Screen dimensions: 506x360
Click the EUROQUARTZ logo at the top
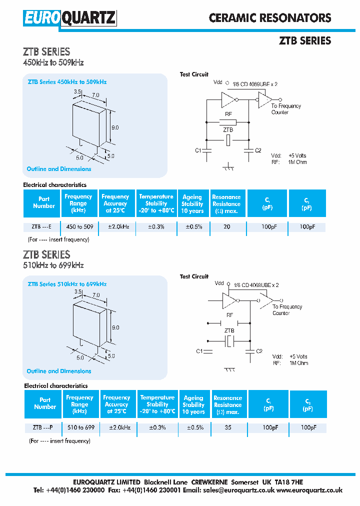pos(69,18)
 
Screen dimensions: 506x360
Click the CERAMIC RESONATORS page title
pos(270,18)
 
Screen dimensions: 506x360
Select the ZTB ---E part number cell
pos(41,226)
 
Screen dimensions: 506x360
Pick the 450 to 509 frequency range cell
pos(80,226)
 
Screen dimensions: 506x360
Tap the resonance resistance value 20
pos(226,226)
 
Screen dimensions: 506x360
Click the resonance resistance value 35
pos(227,427)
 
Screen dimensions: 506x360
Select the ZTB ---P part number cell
pos(42,427)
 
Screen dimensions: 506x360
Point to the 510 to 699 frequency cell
pos(81,427)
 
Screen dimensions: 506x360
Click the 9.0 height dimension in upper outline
pos(115,127)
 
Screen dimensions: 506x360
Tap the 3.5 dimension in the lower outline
pos(77,291)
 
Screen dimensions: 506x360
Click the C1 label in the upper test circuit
pos(198,150)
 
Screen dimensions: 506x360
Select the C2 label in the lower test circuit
pos(259,351)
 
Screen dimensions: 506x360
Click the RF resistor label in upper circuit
pos(228,114)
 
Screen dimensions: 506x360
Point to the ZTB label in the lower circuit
pos(229,330)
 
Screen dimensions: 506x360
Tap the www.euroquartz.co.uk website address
pos(309,490)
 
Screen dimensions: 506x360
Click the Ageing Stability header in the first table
pos(192,203)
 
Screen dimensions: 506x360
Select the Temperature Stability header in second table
pos(157,404)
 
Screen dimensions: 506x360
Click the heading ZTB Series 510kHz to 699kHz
pos(67,284)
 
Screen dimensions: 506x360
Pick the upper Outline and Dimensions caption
pos(59,169)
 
